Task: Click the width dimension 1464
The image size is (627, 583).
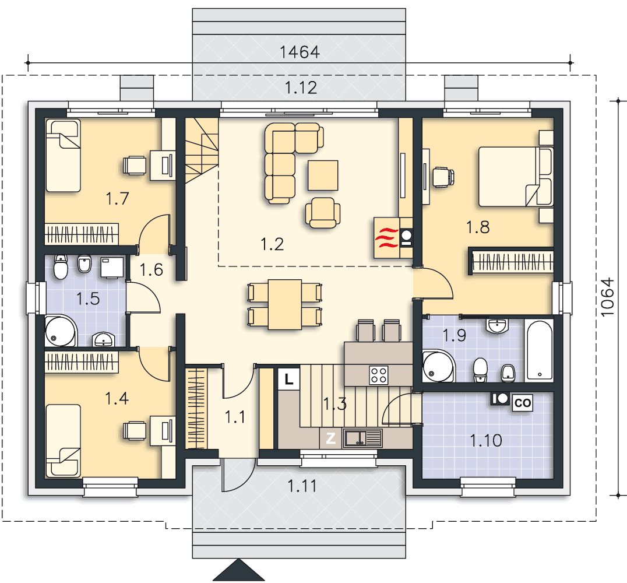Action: tap(300, 52)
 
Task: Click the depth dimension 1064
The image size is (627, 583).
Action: tap(607, 297)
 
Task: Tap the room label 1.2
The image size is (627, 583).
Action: tap(272, 244)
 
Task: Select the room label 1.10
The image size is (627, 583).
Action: tap(485, 441)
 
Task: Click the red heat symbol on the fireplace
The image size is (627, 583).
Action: tap(387, 238)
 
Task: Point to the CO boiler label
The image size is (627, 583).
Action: tap(523, 402)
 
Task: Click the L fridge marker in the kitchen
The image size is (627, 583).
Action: tap(288, 378)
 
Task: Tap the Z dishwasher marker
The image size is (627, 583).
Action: tap(330, 438)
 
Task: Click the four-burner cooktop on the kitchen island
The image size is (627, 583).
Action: tap(378, 375)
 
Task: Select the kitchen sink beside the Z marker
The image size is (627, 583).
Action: tap(362, 438)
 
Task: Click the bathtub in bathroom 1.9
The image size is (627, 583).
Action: tap(540, 350)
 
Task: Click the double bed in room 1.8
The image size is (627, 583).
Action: tap(516, 177)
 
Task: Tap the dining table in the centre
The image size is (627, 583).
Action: tap(285, 304)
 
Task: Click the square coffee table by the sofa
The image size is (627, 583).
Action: tap(323, 175)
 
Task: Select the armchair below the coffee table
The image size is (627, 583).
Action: tap(323, 212)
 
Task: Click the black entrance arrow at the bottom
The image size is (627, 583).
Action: tap(239, 570)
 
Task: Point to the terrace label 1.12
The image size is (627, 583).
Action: tap(301, 87)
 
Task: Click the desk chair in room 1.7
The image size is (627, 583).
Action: tap(135, 165)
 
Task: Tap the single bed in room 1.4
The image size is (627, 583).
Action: tap(63, 441)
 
